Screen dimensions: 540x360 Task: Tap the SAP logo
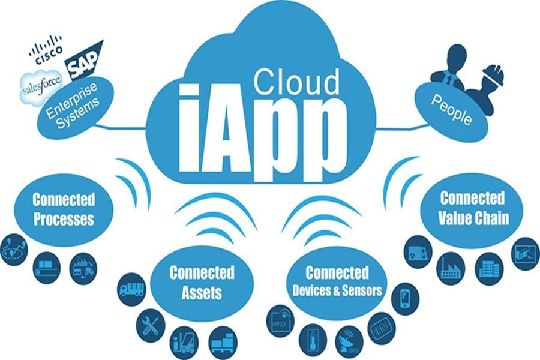click(83, 61)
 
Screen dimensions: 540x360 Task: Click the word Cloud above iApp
click(296, 82)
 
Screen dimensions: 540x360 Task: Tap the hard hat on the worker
click(493, 76)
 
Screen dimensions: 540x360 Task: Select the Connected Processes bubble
click(64, 209)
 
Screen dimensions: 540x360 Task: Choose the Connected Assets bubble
click(202, 283)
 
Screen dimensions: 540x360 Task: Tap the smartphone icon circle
click(406, 299)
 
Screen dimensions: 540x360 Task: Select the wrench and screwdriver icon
click(151, 325)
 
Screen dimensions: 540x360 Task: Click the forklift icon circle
click(184, 343)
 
